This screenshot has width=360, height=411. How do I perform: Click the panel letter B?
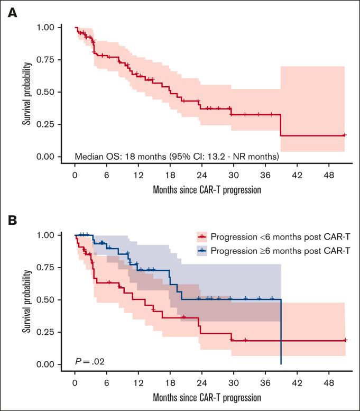tap(12, 219)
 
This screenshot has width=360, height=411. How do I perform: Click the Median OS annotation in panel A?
tap(177, 157)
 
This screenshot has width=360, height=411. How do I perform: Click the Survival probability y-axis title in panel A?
tap(26, 92)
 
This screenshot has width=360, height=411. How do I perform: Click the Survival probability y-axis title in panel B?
tap(26, 300)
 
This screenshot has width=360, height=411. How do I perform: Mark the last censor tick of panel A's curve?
tap(344, 135)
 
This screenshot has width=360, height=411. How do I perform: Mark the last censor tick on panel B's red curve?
tap(345, 340)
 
